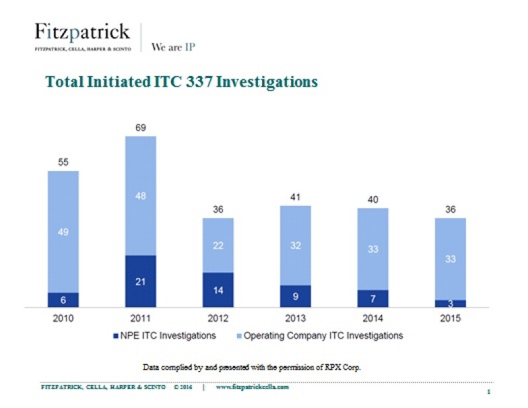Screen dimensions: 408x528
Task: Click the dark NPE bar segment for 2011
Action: pyautogui.click(x=140, y=281)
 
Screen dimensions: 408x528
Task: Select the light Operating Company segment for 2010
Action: pyautogui.click(x=63, y=232)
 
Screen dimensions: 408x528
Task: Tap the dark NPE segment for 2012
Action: pyautogui.click(x=217, y=290)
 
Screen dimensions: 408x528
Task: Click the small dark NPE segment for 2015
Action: pyautogui.click(x=450, y=304)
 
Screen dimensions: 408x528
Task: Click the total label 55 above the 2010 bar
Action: pyautogui.click(x=63, y=160)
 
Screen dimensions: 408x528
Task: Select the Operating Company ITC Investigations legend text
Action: pyautogui.click(x=323, y=336)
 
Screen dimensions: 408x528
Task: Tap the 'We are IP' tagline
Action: pyautogui.click(x=174, y=47)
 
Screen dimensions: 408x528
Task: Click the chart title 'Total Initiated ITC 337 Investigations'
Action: pyautogui.click(x=181, y=82)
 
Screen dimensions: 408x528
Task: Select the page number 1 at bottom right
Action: pyautogui.click(x=486, y=392)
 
